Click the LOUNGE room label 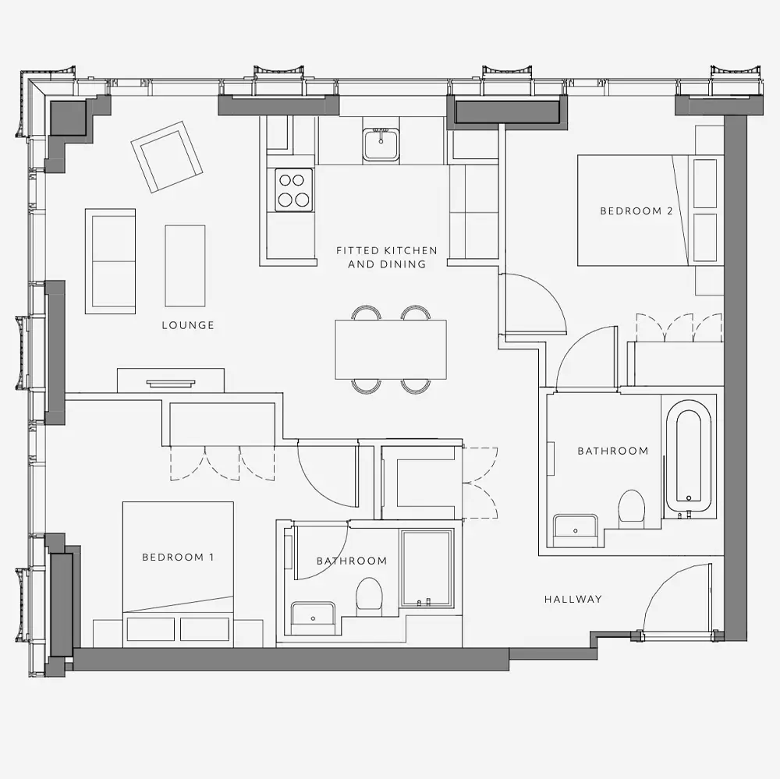[x=188, y=325]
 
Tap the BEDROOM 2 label [x=636, y=211]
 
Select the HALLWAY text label [x=573, y=600]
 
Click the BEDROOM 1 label [x=178, y=557]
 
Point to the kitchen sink [x=381, y=144]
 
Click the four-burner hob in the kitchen [x=295, y=190]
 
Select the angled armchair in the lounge [x=167, y=157]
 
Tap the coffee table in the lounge [x=185, y=266]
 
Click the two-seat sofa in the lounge [x=111, y=261]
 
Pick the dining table [x=391, y=349]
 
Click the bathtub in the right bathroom [x=689, y=460]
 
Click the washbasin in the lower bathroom [x=314, y=618]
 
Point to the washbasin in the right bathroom [x=576, y=531]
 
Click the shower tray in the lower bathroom [x=427, y=568]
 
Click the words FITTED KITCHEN [x=387, y=251]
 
